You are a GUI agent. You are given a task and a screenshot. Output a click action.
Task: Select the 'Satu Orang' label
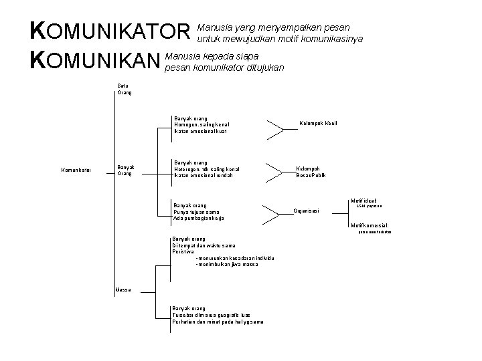(x=125, y=89)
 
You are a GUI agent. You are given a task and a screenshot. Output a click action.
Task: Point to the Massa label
(x=123, y=289)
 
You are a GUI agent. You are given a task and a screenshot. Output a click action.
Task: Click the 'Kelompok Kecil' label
(x=317, y=124)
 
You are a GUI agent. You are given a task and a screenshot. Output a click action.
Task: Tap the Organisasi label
(x=307, y=211)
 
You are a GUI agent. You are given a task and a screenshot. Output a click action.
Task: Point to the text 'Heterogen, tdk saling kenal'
(x=206, y=169)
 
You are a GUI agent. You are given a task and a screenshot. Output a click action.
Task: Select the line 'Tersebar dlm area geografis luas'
(x=210, y=315)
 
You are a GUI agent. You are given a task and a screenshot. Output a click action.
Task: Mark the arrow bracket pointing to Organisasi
(x=269, y=213)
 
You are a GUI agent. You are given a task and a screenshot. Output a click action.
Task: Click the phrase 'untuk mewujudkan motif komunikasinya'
(x=280, y=38)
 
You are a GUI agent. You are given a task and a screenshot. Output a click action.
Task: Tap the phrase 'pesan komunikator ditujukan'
(x=225, y=68)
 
